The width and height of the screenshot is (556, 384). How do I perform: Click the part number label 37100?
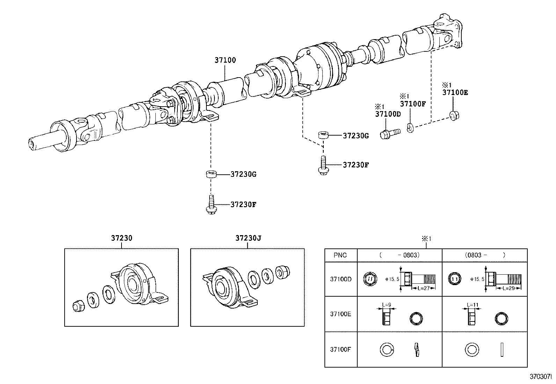[x=225, y=60]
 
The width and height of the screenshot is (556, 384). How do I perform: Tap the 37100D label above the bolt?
[x=388, y=114]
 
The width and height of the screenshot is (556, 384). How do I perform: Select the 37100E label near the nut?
[x=455, y=93]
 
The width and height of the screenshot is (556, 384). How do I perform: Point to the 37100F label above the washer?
[x=413, y=104]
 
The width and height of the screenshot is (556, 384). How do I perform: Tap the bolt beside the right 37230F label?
[x=323, y=165]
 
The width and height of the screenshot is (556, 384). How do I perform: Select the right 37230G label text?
[x=356, y=136]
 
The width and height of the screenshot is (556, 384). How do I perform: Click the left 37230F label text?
[x=243, y=205]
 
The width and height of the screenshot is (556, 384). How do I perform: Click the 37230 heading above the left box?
[x=122, y=238]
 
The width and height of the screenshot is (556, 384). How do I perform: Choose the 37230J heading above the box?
[x=248, y=238]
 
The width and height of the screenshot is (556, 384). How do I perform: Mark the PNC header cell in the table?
[x=340, y=255]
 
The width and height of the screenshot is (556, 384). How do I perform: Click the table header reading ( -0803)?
[x=399, y=255]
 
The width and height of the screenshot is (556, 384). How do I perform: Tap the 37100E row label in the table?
[x=340, y=314]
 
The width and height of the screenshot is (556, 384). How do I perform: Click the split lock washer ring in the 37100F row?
[x=386, y=349]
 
